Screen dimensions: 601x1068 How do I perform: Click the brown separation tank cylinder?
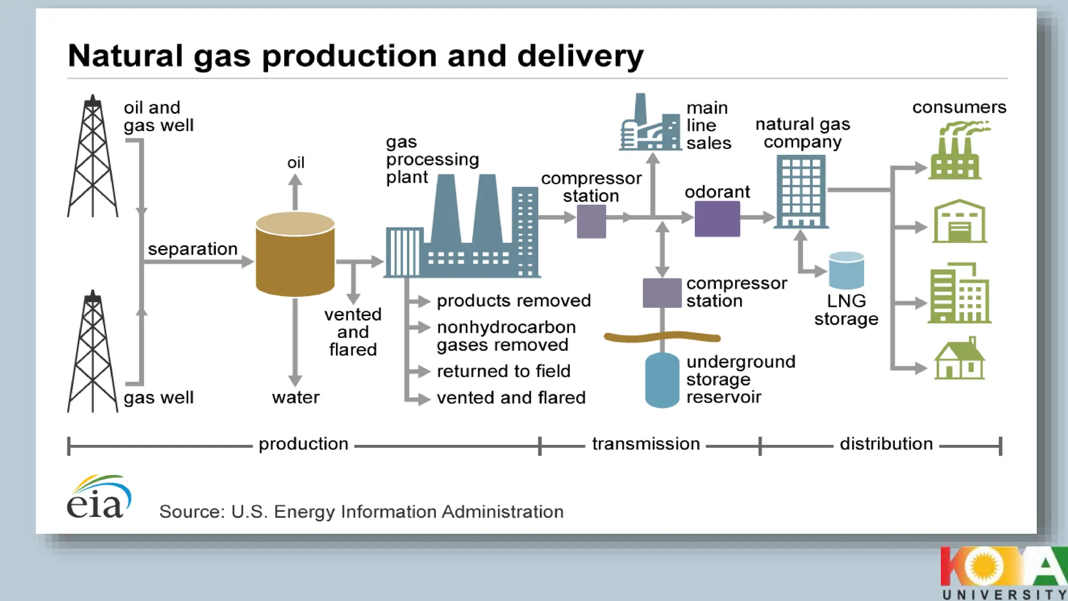pyautogui.click(x=295, y=256)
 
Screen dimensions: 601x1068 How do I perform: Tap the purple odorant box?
pyautogui.click(x=717, y=219)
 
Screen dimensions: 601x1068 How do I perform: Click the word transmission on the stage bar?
pyautogui.click(x=646, y=444)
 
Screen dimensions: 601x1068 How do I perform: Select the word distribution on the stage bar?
pyautogui.click(x=886, y=444)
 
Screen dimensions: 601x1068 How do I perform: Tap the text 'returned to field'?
pyautogui.click(x=503, y=371)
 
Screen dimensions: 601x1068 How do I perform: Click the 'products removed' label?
pyautogui.click(x=514, y=300)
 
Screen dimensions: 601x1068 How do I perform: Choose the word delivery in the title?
pyautogui.click(x=580, y=56)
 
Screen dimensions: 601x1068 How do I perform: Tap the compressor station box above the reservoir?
pyautogui.click(x=662, y=293)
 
